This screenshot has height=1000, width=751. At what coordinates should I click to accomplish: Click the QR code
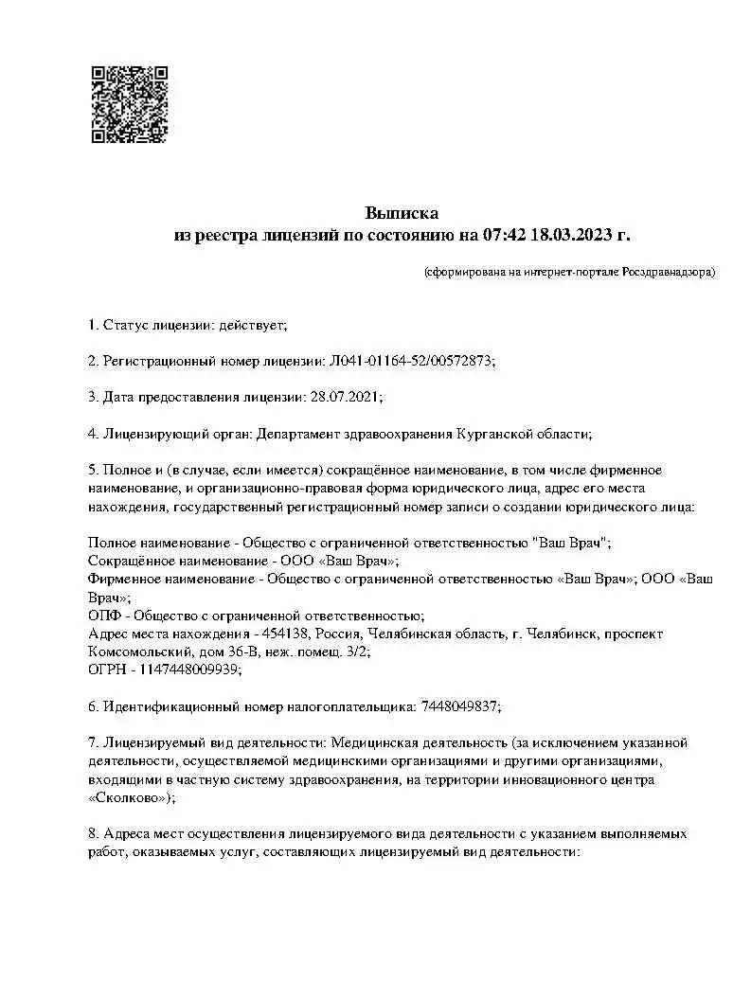(x=129, y=104)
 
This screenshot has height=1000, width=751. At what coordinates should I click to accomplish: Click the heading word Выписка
(x=402, y=212)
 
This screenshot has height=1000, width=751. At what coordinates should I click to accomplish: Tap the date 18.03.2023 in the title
(x=573, y=234)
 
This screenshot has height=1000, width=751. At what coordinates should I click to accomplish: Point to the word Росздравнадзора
(x=669, y=273)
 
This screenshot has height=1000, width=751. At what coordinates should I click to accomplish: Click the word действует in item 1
(x=251, y=325)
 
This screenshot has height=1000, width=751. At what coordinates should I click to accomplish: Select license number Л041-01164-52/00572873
(x=411, y=361)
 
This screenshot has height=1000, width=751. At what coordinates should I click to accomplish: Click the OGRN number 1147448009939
(x=189, y=670)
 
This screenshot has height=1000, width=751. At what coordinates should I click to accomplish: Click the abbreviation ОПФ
(x=102, y=616)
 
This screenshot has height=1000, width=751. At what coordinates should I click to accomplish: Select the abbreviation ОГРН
(x=105, y=670)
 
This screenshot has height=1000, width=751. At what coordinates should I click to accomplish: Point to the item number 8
(x=92, y=834)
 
